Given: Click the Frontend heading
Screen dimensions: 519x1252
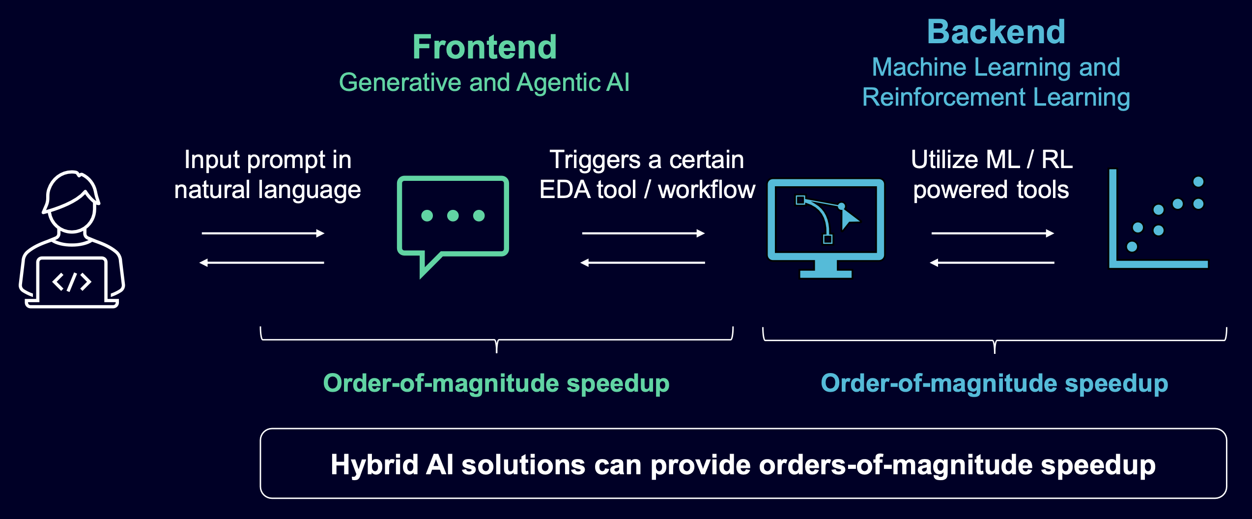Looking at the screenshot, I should tap(484, 47).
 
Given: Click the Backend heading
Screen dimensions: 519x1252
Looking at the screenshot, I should tap(996, 32).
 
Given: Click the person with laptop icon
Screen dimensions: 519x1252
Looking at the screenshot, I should tap(72, 239).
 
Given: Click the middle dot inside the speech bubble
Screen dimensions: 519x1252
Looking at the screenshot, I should tap(453, 216).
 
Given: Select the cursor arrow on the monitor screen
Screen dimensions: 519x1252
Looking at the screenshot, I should tap(849, 218).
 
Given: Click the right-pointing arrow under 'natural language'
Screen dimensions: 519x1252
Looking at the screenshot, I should tap(263, 233).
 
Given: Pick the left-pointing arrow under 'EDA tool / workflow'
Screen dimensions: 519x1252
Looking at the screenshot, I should tap(643, 263).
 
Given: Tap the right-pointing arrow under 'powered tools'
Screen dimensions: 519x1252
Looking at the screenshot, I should tap(993, 233).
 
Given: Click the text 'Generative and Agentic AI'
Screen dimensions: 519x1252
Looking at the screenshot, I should tap(484, 82).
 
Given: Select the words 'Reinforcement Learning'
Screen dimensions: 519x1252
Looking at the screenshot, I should tap(996, 97).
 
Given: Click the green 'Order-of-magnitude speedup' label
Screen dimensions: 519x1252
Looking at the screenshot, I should tap(496, 383).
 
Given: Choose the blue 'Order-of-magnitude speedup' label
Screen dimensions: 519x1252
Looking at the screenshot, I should tap(994, 383).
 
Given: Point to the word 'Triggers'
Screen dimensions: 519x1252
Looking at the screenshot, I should tap(595, 160).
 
